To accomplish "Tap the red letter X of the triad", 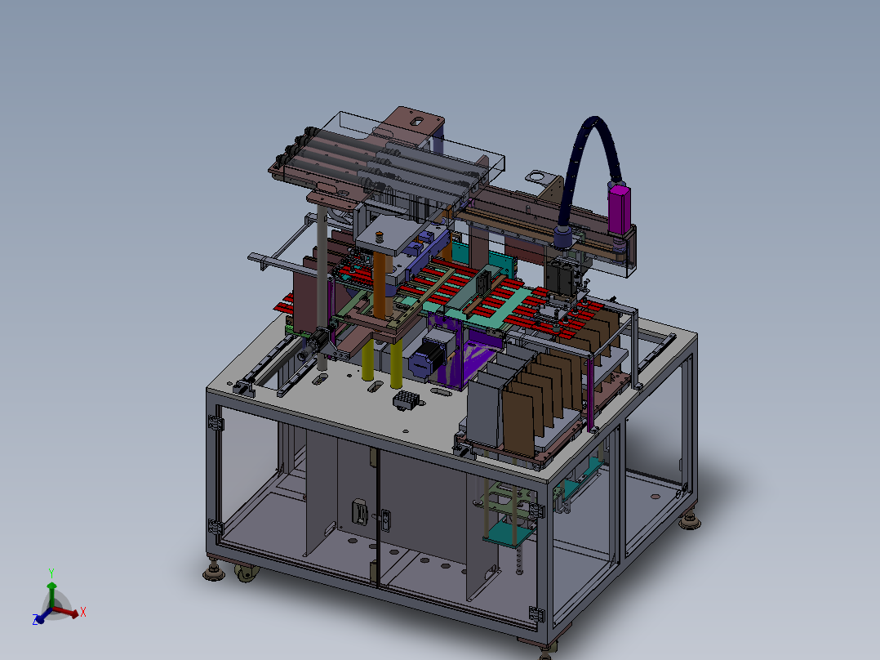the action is click(x=83, y=612).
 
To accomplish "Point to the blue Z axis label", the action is click(x=35, y=619).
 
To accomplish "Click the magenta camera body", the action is click(x=619, y=209).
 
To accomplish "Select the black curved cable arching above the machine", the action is click(x=584, y=163).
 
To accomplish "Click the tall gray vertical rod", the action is click(x=322, y=287).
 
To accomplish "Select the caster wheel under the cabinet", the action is click(x=247, y=573).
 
